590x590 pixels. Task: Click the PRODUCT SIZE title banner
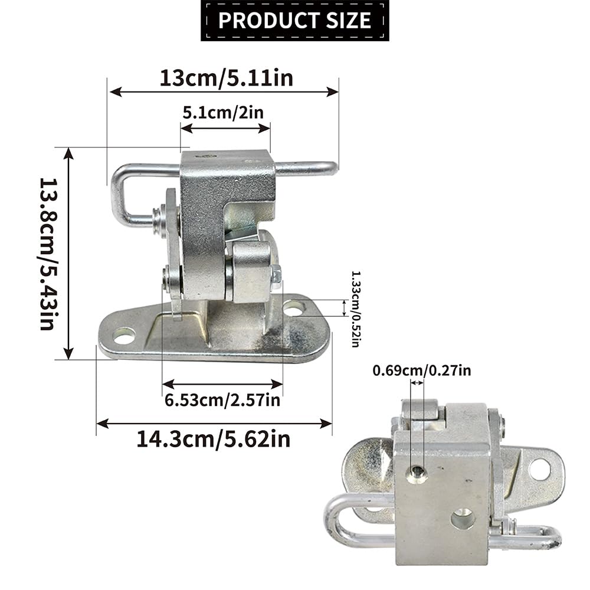point(294,20)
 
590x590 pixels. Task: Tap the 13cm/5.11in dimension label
point(226,78)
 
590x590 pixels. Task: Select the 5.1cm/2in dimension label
point(223,113)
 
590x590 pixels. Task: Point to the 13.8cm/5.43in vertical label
point(48,254)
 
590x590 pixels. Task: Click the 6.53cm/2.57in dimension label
point(222,400)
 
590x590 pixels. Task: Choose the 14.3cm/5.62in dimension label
point(214,439)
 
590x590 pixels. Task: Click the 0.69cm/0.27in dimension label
point(421,371)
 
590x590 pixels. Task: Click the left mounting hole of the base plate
point(124,336)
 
